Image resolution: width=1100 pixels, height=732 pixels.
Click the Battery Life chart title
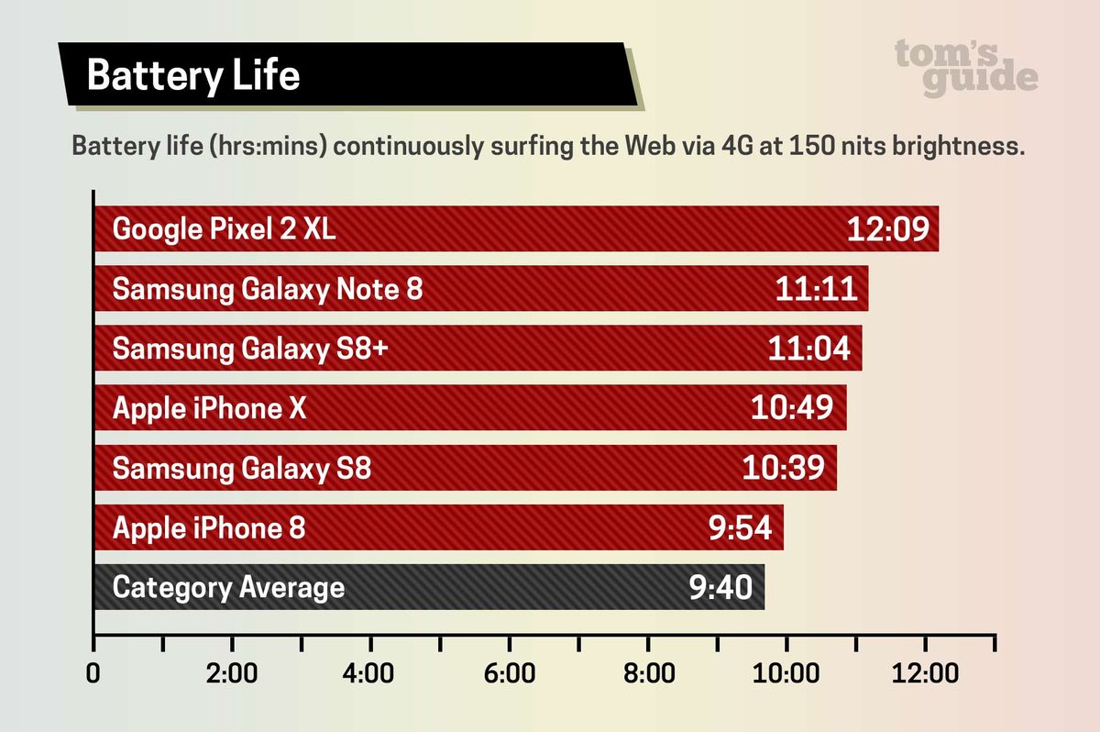pos(193,75)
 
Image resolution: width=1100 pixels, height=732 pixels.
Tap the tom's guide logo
pos(966,67)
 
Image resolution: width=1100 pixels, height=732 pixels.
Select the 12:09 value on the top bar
pos(888,228)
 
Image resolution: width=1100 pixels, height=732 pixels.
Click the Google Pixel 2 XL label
pos(224,228)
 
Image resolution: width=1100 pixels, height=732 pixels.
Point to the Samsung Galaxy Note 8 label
pos(268,289)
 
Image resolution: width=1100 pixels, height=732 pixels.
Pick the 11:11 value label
pos(816,289)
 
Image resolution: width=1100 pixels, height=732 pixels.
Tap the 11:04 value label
pos(808,349)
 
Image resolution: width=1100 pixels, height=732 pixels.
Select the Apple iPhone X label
pos(209,408)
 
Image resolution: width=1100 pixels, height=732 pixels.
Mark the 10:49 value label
pos(792,408)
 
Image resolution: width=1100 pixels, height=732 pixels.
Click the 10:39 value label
pos(784,469)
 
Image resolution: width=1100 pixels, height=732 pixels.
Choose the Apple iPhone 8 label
pos(208,528)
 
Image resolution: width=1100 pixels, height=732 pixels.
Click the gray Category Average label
pos(228,587)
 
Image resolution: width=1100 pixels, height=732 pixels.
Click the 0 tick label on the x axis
pos(93,674)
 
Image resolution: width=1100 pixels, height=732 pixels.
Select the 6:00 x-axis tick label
pos(509,674)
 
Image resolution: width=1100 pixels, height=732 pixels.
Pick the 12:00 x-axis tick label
pos(925,674)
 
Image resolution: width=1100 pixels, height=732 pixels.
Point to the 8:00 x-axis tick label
pos(647,674)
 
